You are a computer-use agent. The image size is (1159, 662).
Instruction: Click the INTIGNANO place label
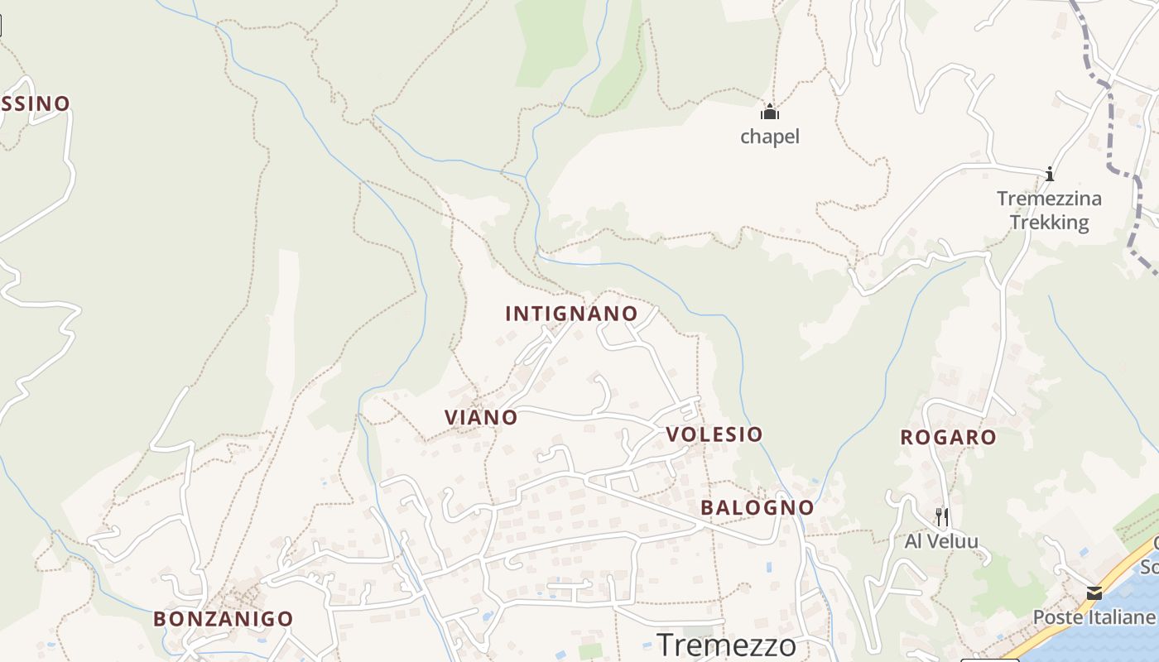(571, 314)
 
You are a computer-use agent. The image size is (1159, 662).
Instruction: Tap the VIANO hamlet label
(481, 418)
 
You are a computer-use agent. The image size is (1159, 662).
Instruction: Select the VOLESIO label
(714, 434)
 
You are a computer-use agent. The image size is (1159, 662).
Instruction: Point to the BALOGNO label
(757, 507)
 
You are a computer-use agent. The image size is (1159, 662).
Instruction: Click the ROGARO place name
(948, 438)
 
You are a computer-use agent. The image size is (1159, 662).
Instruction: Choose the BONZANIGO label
(223, 619)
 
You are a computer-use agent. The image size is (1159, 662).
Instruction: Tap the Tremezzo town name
(726, 645)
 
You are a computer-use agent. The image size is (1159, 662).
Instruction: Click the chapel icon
(770, 112)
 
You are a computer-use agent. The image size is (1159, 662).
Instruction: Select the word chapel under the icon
(770, 137)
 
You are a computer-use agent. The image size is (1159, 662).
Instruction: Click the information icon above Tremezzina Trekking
(1050, 174)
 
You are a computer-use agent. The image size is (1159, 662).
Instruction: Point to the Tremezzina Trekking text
(1049, 210)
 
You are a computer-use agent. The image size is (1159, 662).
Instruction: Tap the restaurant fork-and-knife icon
(941, 517)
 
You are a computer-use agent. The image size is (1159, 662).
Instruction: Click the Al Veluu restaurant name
(941, 542)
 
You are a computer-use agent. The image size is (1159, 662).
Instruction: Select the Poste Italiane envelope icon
(1094, 592)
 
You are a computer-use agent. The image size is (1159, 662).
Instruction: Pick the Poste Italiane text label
(1094, 617)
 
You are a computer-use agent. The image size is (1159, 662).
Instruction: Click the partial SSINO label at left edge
(36, 103)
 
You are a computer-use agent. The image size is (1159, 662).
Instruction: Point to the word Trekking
(1049, 223)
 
